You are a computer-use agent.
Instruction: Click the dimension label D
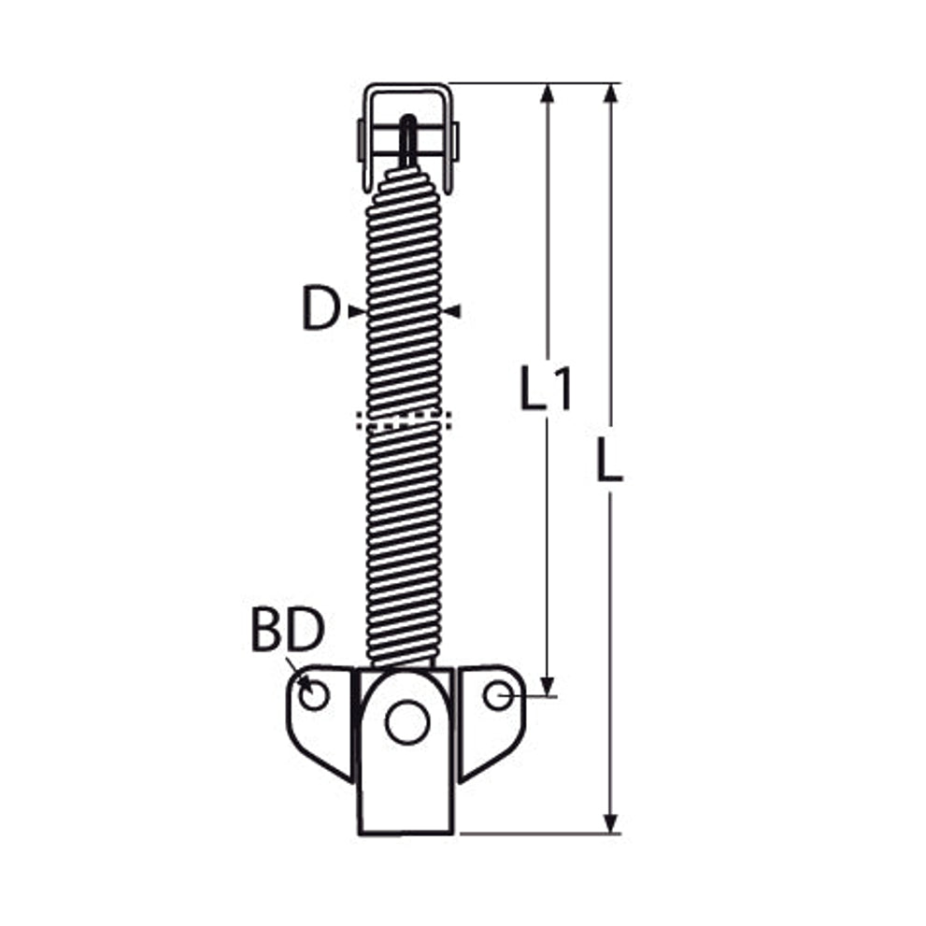321,308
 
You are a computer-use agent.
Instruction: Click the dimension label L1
546,388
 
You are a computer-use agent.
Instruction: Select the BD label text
288,630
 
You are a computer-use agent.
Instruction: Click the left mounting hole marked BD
314,695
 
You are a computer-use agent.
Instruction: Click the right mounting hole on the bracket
498,695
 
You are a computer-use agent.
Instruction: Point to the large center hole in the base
406,721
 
